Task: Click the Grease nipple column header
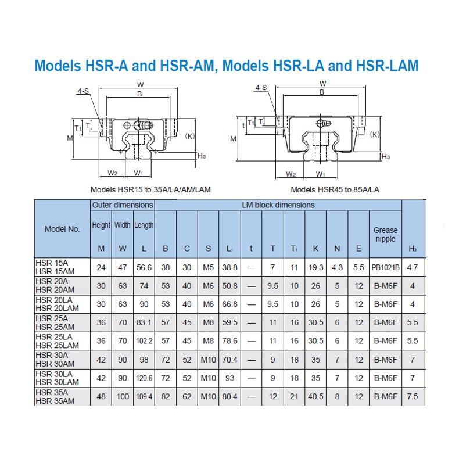(x=385, y=234)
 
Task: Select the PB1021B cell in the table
(x=385, y=267)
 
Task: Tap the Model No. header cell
(x=62, y=229)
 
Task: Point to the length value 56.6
(x=144, y=267)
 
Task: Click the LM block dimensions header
(x=278, y=205)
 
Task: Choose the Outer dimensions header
(x=123, y=205)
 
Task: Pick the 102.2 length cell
(x=144, y=342)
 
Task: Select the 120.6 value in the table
(x=144, y=378)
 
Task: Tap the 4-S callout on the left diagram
(x=83, y=91)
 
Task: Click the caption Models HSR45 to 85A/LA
(x=335, y=189)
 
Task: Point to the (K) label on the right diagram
(x=375, y=134)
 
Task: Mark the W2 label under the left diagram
(x=113, y=173)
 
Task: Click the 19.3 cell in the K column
(x=315, y=267)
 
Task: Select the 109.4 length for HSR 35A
(x=144, y=397)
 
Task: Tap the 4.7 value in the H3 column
(x=413, y=267)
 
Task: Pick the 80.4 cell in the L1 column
(x=229, y=397)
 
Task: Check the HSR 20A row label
(x=51, y=281)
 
